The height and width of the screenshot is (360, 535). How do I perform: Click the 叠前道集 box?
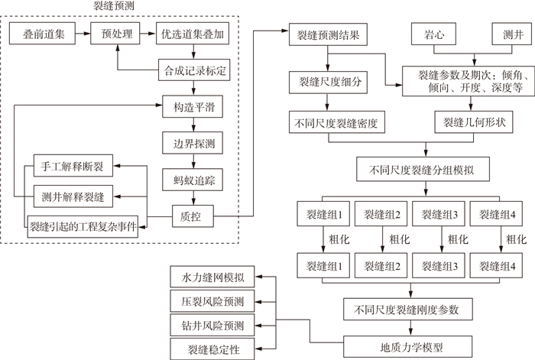43,34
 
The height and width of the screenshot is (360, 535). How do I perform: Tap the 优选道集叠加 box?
192,34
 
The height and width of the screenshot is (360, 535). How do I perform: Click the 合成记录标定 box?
193,70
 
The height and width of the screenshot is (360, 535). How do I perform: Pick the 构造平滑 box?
193,106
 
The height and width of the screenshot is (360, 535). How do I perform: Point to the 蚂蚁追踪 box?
193,179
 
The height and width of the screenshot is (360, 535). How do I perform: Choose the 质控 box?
193,215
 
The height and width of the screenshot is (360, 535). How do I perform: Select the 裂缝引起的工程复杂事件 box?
83,226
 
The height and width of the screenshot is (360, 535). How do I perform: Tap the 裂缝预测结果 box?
329,34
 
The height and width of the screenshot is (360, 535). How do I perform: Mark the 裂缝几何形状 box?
469,122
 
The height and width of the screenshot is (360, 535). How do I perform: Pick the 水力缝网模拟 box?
212,275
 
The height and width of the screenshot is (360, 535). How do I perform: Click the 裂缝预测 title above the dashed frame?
114,7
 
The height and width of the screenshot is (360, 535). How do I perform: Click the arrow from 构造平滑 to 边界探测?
193,125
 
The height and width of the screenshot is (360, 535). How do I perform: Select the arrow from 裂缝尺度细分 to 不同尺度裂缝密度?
329,102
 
